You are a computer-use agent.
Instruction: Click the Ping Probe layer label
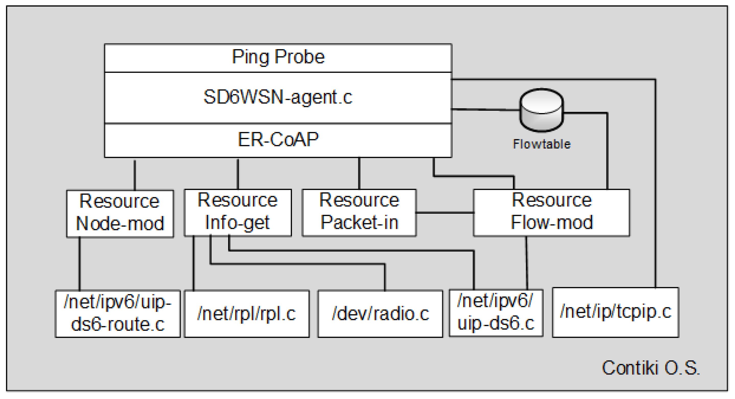pyautogui.click(x=278, y=57)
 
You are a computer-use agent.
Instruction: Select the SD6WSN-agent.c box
pyautogui.click(x=278, y=97)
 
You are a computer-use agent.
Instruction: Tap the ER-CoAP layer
pyautogui.click(x=278, y=140)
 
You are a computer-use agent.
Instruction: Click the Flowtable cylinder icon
pyautogui.click(x=541, y=110)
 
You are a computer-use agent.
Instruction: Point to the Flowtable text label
pyautogui.click(x=541, y=144)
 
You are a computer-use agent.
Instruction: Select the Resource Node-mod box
pyautogui.click(x=120, y=213)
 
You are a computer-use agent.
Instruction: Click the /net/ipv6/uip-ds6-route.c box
pyautogui.click(x=118, y=313)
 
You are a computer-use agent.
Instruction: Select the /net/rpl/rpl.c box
pyautogui.click(x=247, y=313)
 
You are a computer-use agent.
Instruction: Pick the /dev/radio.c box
pyautogui.click(x=380, y=313)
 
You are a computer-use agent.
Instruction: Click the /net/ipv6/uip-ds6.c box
pyautogui.click(x=496, y=313)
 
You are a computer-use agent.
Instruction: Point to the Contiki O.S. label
pyautogui.click(x=650, y=368)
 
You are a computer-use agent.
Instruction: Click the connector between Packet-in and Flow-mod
pyautogui.click(x=445, y=213)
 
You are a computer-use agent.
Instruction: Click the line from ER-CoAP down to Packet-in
pyautogui.click(x=359, y=173)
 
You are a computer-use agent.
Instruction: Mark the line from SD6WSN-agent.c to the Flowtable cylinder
pyautogui.click(x=485, y=109)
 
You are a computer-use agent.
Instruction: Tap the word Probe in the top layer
pyautogui.click(x=299, y=57)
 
